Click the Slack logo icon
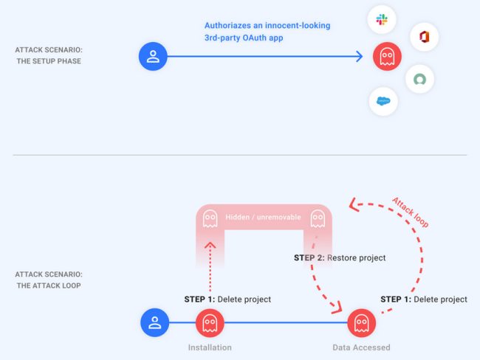coord(382,20)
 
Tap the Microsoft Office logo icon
coord(425,37)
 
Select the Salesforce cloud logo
coord(383,101)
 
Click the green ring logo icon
coord(419,79)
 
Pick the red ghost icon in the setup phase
coord(387,57)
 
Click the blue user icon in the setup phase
coord(153,57)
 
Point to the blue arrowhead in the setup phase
coord(360,57)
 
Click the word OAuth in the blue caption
coord(255,38)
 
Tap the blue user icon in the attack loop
coord(154,322)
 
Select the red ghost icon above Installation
coord(210,322)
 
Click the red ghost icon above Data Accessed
coord(362,322)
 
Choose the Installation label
coord(210,347)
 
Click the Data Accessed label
coord(362,347)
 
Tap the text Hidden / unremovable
coord(264,217)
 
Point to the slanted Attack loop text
coord(411,212)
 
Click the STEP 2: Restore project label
coord(340,258)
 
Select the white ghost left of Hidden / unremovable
coord(210,218)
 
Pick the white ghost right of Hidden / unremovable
coord(318,218)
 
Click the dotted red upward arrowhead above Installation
coord(210,245)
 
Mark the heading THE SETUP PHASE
coord(49,61)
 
